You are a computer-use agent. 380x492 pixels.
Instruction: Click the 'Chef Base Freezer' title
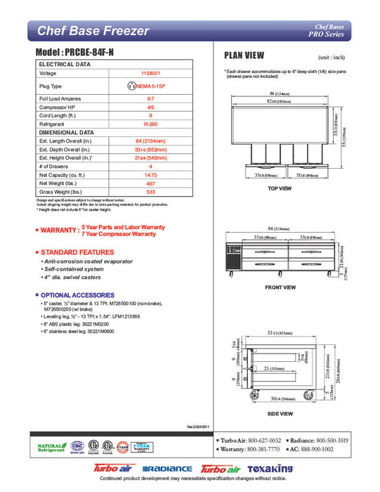93,31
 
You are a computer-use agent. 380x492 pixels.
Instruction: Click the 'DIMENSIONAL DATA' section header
66,132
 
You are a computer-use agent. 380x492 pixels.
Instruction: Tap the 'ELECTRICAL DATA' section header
64,64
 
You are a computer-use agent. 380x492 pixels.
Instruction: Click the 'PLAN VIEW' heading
244,56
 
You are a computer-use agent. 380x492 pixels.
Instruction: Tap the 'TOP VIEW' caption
280,189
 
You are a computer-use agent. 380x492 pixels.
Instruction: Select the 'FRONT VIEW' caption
280,287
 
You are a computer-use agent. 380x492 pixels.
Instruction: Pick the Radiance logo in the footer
167,469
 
